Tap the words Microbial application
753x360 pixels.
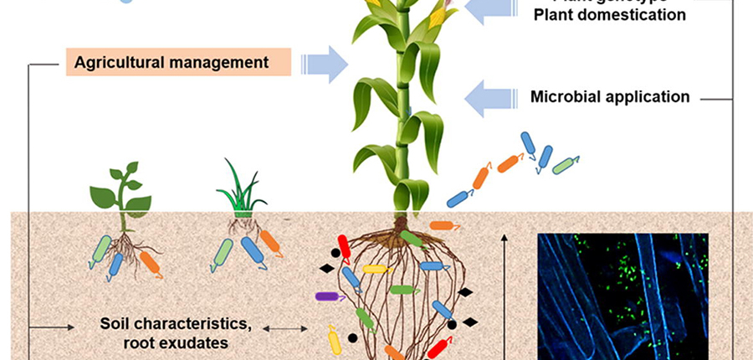click(610, 97)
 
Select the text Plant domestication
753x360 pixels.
click(609, 14)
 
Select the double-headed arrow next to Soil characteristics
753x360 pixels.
click(285, 329)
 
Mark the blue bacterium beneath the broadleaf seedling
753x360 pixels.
click(116, 265)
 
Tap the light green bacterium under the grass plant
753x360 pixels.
click(223, 255)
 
